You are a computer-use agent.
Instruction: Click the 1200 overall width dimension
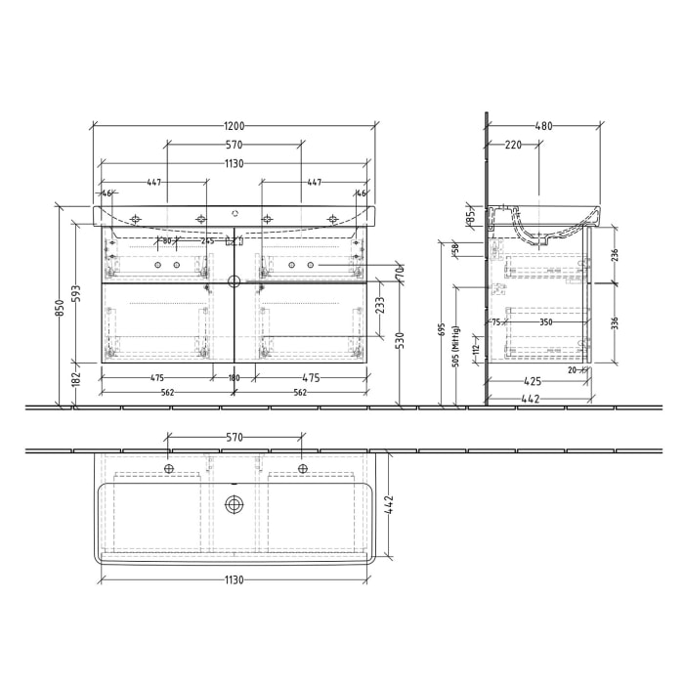click(234, 126)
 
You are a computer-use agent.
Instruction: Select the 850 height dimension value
click(61, 308)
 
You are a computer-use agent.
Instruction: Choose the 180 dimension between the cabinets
click(234, 378)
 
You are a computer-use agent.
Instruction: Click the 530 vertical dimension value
click(400, 340)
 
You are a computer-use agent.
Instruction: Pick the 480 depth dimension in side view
click(544, 126)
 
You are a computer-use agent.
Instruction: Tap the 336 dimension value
click(615, 322)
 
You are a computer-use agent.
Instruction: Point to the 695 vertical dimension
click(443, 330)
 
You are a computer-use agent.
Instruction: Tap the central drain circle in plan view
click(234, 504)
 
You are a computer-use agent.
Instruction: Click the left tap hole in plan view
click(168, 470)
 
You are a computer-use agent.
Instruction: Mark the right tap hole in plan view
click(300, 470)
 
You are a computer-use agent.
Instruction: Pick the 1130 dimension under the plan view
click(234, 579)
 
